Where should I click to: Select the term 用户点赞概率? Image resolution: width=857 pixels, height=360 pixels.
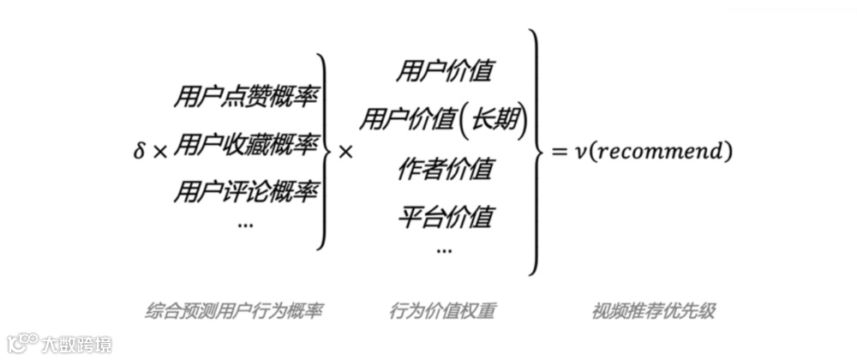pos(245,97)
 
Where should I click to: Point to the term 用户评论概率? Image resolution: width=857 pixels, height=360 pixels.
pos(245,191)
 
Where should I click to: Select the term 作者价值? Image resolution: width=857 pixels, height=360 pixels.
pos(444,169)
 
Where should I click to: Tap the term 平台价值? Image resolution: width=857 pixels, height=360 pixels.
pos(444,217)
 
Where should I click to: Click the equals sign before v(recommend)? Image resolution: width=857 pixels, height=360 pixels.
pos(560,152)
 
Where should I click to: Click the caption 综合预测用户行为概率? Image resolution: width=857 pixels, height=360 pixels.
pos(234,312)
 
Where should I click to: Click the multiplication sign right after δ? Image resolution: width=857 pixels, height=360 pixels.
pos(160,153)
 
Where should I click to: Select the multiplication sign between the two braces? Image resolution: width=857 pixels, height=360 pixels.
pos(345,153)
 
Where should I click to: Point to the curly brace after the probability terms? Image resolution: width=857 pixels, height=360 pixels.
pos(324,152)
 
